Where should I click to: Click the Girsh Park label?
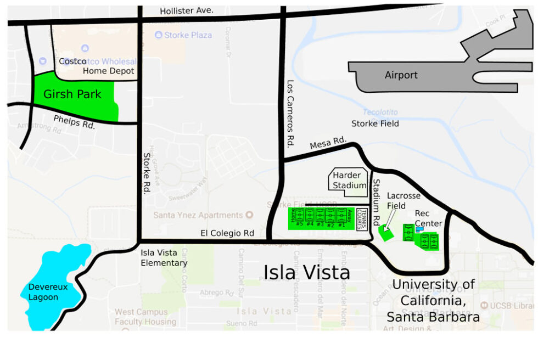click(72, 94)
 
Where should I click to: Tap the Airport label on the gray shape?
click(401, 75)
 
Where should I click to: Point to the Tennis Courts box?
click(362, 220)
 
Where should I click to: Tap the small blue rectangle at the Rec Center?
click(419, 230)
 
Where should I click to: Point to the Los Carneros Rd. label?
click(291, 114)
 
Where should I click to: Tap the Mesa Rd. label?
click(328, 144)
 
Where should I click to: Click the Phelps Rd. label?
click(75, 121)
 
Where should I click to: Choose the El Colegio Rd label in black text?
click(227, 233)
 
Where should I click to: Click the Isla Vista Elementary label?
click(164, 258)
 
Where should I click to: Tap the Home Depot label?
click(109, 71)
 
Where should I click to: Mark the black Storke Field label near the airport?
click(375, 123)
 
